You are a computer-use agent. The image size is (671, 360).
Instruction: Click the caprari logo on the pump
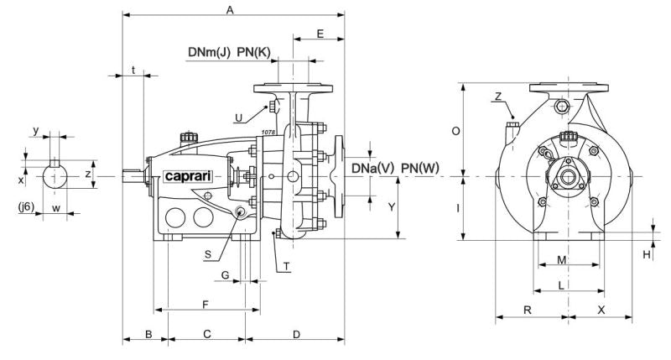pyautogui.click(x=186, y=176)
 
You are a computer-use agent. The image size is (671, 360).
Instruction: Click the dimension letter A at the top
pyautogui.click(x=229, y=8)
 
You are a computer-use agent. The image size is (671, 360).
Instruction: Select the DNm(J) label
pyautogui.click(x=209, y=53)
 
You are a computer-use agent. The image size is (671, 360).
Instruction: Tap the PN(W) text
pyautogui.click(x=420, y=168)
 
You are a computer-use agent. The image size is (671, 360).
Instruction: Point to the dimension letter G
pyautogui.click(x=225, y=274)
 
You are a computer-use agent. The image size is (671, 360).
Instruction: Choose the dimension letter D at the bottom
pyautogui.click(x=296, y=335)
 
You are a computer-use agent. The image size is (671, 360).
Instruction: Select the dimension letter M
pyautogui.click(x=563, y=260)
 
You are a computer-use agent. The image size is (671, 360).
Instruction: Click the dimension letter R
pyautogui.click(x=528, y=310)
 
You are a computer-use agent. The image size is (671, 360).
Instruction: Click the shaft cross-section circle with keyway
pyautogui.click(x=56, y=177)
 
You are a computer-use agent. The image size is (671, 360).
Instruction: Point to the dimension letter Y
pyautogui.click(x=389, y=205)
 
